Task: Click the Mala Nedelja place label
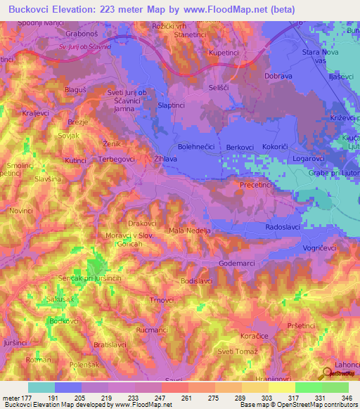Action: tap(190, 230)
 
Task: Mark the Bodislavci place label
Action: tap(197, 280)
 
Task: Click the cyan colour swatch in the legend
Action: tap(41, 387)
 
